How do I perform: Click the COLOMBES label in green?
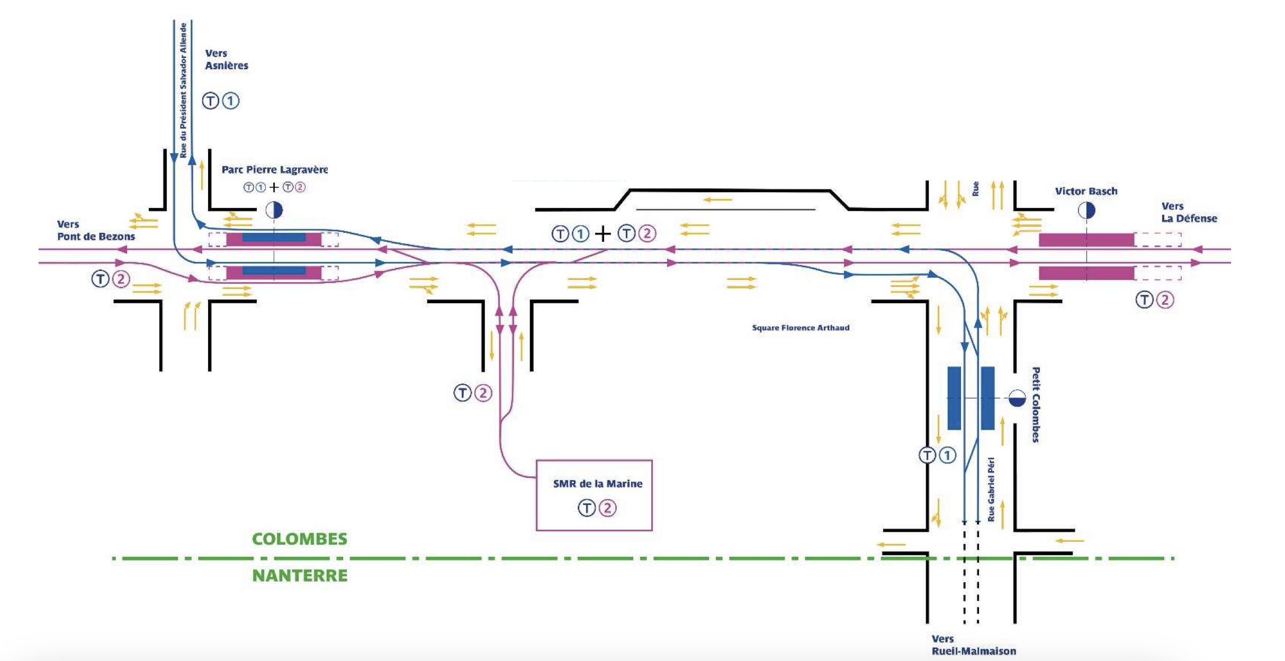click(300, 539)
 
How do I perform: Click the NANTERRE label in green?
click(300, 575)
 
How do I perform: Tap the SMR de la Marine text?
click(597, 484)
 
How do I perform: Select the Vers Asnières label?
click(226, 59)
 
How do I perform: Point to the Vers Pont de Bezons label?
click(96, 230)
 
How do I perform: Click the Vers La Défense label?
click(1189, 212)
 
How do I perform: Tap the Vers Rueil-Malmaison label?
click(973, 645)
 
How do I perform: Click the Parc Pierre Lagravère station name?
click(274, 170)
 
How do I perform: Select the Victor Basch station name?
click(1086, 191)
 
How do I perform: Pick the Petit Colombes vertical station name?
click(1036, 404)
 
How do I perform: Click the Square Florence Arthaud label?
click(801, 328)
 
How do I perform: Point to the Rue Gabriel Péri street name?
click(991, 490)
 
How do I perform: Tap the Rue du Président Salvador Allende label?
click(183, 90)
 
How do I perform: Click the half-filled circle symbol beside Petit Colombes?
click(1017, 398)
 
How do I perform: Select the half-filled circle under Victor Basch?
click(1086, 211)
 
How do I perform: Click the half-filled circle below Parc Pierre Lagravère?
click(274, 210)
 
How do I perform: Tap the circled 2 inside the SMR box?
click(607, 508)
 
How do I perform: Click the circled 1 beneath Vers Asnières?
click(230, 101)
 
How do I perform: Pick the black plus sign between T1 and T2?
click(603, 233)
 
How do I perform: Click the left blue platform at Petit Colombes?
click(954, 398)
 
